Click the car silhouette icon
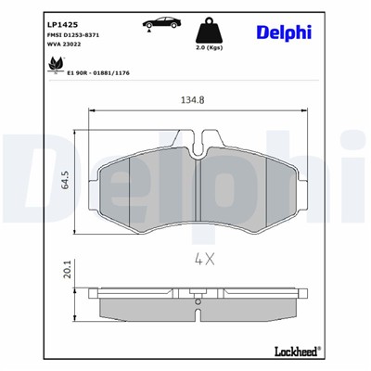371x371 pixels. click(160, 23)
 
